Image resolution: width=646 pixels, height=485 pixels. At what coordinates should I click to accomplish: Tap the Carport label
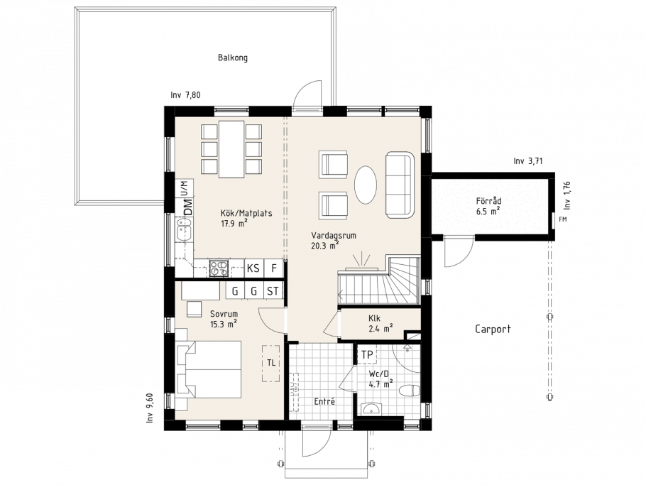493,329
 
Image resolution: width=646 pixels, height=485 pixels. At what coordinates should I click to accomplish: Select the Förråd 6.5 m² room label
488,206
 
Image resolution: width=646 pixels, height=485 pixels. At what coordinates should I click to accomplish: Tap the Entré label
324,401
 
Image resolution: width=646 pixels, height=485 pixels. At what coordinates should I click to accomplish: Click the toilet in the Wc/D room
410,391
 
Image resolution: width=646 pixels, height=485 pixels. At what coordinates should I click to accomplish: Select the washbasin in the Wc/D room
371,409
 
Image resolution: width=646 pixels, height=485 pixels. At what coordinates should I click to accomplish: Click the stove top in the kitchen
219,268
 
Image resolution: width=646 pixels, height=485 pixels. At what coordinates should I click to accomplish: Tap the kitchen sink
184,231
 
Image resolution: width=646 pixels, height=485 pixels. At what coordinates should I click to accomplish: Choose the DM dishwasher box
188,207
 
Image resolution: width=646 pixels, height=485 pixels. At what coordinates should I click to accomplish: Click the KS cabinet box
253,268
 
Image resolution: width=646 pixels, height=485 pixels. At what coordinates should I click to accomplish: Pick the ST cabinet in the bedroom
273,291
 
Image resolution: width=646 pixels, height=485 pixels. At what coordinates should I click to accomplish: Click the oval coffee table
366,185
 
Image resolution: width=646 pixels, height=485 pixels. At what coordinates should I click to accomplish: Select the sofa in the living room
399,185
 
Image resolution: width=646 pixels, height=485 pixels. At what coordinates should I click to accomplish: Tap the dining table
232,149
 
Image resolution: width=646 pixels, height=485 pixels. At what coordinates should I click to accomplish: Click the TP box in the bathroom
367,354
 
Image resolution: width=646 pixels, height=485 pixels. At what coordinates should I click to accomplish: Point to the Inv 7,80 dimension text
185,95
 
